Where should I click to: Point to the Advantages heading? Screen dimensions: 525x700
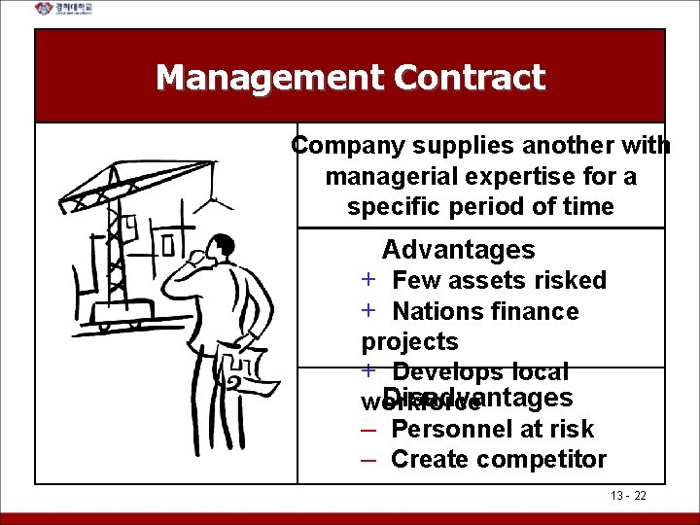point(458,250)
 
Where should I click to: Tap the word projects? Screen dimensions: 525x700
point(409,342)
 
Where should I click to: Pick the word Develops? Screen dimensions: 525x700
point(448,372)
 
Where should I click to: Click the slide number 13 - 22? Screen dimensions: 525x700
point(629,496)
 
